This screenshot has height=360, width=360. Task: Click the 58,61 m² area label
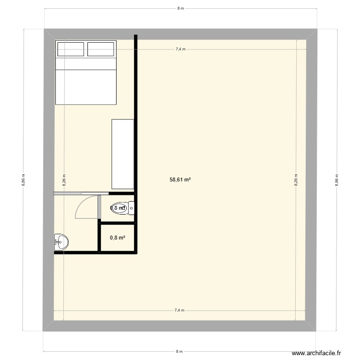(180, 180)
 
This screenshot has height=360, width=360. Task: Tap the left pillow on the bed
(71, 49)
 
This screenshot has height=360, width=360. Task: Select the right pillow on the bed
(101, 49)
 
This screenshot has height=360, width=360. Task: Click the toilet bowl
(119, 208)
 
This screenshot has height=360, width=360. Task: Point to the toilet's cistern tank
(132, 208)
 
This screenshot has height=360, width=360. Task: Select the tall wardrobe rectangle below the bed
(122, 154)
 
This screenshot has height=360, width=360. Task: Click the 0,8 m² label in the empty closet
(118, 237)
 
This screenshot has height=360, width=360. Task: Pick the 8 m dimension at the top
(180, 9)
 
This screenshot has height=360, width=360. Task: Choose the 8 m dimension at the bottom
(180, 351)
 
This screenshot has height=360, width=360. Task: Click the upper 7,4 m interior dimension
(180, 49)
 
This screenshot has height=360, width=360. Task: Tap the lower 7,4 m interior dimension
(180, 311)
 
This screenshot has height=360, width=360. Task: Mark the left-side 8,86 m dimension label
(24, 180)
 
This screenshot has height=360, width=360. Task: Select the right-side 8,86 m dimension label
(336, 180)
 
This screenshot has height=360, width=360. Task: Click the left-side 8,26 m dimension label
(64, 180)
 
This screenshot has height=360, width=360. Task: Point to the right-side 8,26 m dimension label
(296, 180)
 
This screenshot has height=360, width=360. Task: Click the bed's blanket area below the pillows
(86, 84)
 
